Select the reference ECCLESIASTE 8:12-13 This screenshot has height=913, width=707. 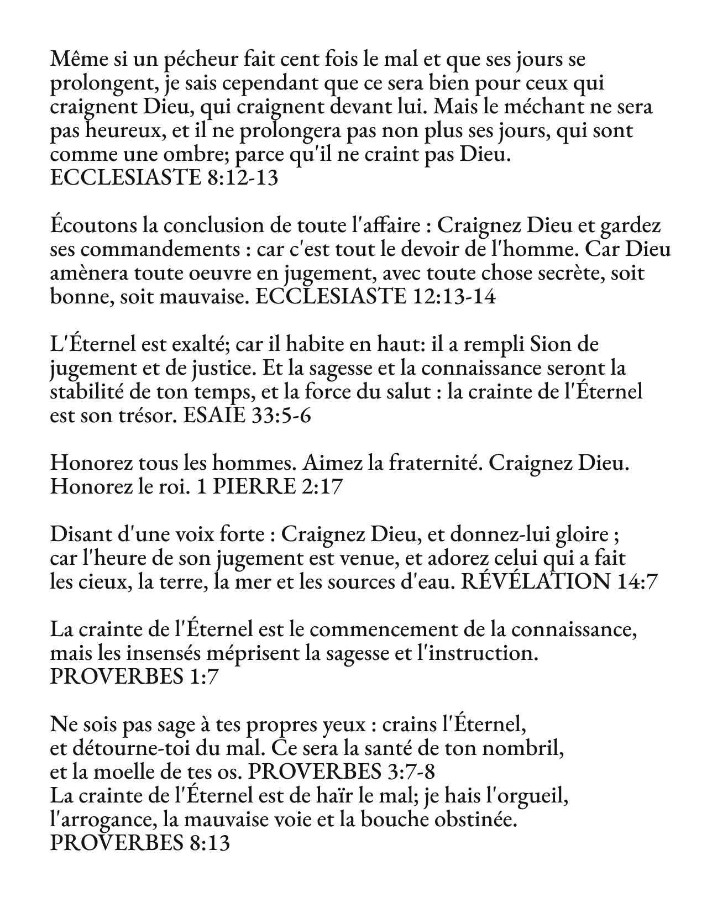164,179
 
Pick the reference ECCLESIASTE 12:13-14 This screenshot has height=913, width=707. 376,297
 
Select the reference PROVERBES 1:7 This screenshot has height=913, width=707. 134,677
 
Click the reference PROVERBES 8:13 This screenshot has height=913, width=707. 139,844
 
